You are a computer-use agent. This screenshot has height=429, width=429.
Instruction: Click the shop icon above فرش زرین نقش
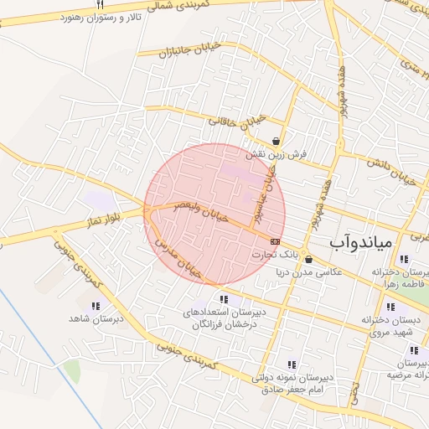[277, 141]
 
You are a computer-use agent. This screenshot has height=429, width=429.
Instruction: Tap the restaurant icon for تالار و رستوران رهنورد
[100, 4]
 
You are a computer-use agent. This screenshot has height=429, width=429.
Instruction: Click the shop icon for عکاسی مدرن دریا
[308, 259]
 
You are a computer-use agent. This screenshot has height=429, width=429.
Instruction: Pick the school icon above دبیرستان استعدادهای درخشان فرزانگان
[224, 299]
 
